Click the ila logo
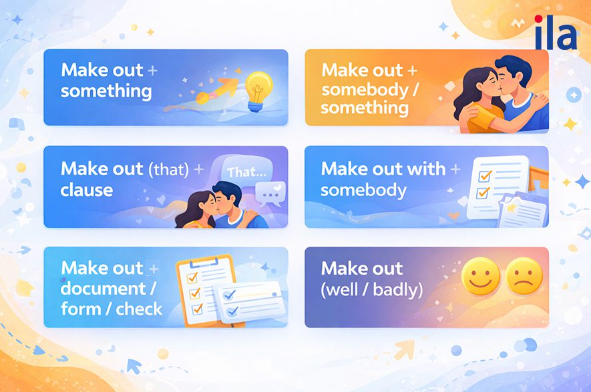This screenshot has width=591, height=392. (x=556, y=35)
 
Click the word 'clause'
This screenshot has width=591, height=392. (x=86, y=191)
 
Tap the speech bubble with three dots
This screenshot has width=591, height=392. (x=270, y=193)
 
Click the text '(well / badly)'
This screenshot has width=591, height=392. (x=371, y=291)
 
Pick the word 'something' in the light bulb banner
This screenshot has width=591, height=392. (x=106, y=91)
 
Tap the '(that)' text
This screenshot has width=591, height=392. (x=166, y=169)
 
